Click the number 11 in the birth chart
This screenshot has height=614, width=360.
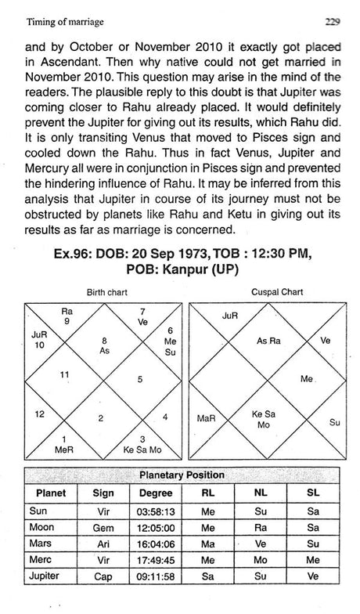click(x=54, y=375)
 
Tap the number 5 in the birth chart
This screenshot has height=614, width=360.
click(x=139, y=379)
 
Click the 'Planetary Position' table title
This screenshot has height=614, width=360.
click(x=182, y=475)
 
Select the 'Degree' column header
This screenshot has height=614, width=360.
click(x=157, y=493)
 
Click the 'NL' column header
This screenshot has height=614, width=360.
click(x=257, y=493)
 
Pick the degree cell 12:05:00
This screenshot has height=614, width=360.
click(x=157, y=528)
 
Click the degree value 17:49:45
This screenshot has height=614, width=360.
click(x=157, y=561)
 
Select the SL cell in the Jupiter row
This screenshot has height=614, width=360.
click(x=313, y=577)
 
